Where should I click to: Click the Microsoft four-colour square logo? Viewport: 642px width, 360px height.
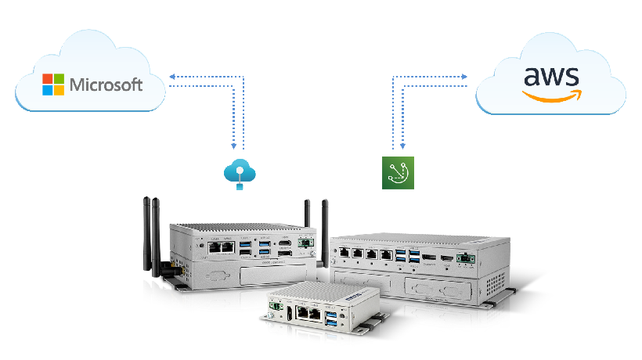click(x=53, y=85)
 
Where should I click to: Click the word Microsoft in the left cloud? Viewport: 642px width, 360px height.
click(x=106, y=85)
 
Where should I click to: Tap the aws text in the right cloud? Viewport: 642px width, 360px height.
click(x=551, y=77)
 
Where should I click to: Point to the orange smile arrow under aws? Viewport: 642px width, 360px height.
click(x=552, y=95)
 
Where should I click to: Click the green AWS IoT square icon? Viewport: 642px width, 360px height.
click(x=397, y=172)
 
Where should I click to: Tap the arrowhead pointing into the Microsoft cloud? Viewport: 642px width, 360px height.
click(x=171, y=77)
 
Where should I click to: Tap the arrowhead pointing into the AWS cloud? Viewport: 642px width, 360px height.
click(x=464, y=77)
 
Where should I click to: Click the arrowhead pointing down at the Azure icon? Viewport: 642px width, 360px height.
click(x=233, y=146)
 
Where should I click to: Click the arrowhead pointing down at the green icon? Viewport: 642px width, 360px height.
click(x=402, y=146)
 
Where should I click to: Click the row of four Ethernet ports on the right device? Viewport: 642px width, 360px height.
click(x=365, y=254)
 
